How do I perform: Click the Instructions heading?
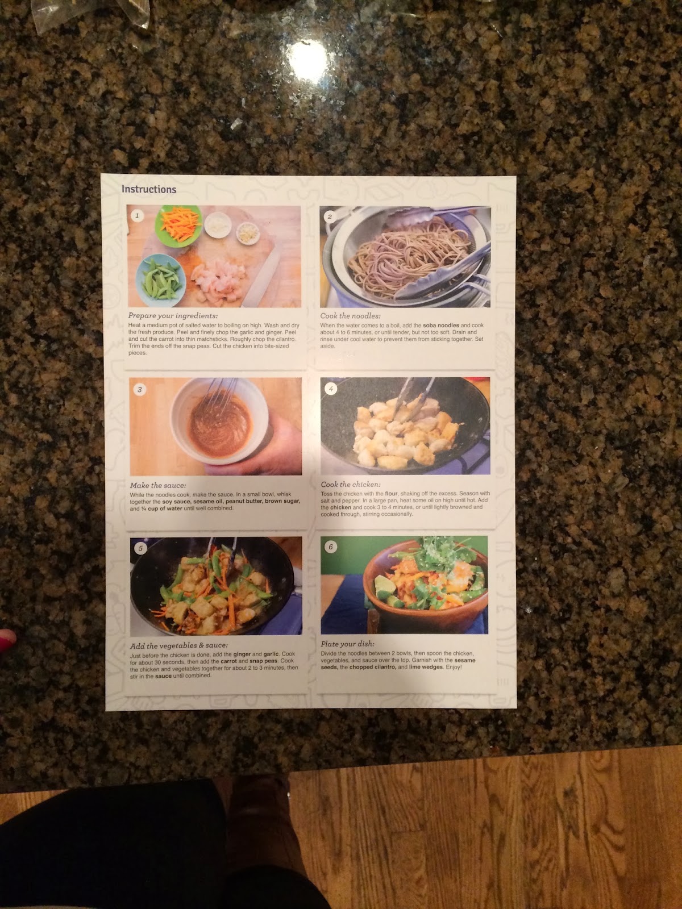149,189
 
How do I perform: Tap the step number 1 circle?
136,215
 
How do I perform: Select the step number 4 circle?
331,389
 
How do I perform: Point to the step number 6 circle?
331,547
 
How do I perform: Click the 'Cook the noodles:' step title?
350,316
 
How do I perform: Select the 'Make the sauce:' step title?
157,485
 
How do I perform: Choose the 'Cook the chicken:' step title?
350,485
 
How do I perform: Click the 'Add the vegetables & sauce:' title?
178,645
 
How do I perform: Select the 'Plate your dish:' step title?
347,644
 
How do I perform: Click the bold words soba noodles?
441,326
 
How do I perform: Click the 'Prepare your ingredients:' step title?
173,315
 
